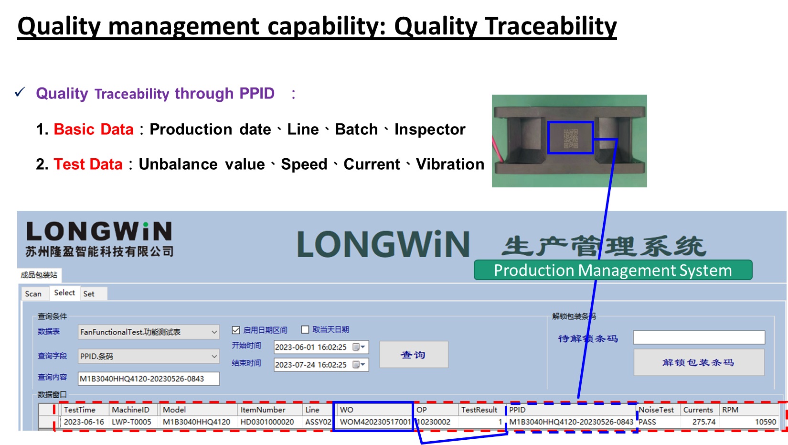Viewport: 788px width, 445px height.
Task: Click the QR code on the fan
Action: pyautogui.click(x=571, y=138)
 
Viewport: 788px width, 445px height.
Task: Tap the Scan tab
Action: pyautogui.click(x=33, y=293)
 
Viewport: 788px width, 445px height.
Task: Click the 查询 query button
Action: pyautogui.click(x=414, y=355)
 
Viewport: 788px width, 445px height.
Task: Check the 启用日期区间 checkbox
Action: pyautogui.click(x=236, y=330)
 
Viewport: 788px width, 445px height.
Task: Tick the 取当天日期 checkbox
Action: pyautogui.click(x=305, y=329)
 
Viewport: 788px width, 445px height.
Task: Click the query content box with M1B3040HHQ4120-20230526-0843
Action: pyautogui.click(x=149, y=379)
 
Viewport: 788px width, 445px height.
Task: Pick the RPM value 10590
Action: pyautogui.click(x=766, y=422)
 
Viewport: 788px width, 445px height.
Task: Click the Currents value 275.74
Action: pyautogui.click(x=704, y=422)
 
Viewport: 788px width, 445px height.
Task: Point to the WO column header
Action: pyautogui.click(x=347, y=410)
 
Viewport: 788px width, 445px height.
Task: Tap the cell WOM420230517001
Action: pyautogui.click(x=375, y=422)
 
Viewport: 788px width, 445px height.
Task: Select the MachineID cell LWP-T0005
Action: pyautogui.click(x=131, y=422)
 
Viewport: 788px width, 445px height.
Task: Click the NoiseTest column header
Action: pyautogui.click(x=656, y=410)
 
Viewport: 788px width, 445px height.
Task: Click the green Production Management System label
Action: pyautogui.click(x=613, y=270)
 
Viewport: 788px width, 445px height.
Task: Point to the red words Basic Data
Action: pyautogui.click(x=94, y=129)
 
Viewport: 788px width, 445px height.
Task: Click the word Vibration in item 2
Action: pyautogui.click(x=450, y=164)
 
